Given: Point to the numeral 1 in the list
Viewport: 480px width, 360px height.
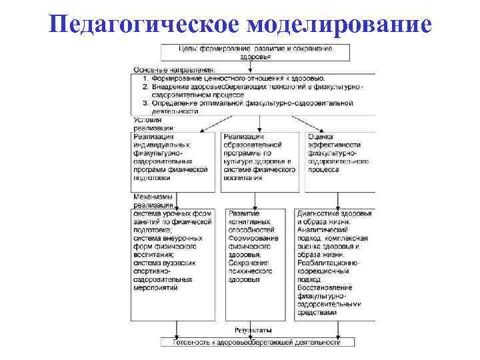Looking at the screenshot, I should pos(146,78).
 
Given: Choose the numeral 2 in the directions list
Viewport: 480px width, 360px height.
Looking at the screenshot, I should pos(146,87).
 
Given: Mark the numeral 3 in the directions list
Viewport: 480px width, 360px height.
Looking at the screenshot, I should pos(146,103).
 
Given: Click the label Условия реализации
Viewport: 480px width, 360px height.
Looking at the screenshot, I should pos(153,123).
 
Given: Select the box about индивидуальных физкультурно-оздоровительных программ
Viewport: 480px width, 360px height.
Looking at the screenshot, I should pos(174,161).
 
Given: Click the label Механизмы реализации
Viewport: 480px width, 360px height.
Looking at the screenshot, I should pos(153,201).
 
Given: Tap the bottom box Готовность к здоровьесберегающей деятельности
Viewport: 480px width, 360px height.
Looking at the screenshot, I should pos(257,342).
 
